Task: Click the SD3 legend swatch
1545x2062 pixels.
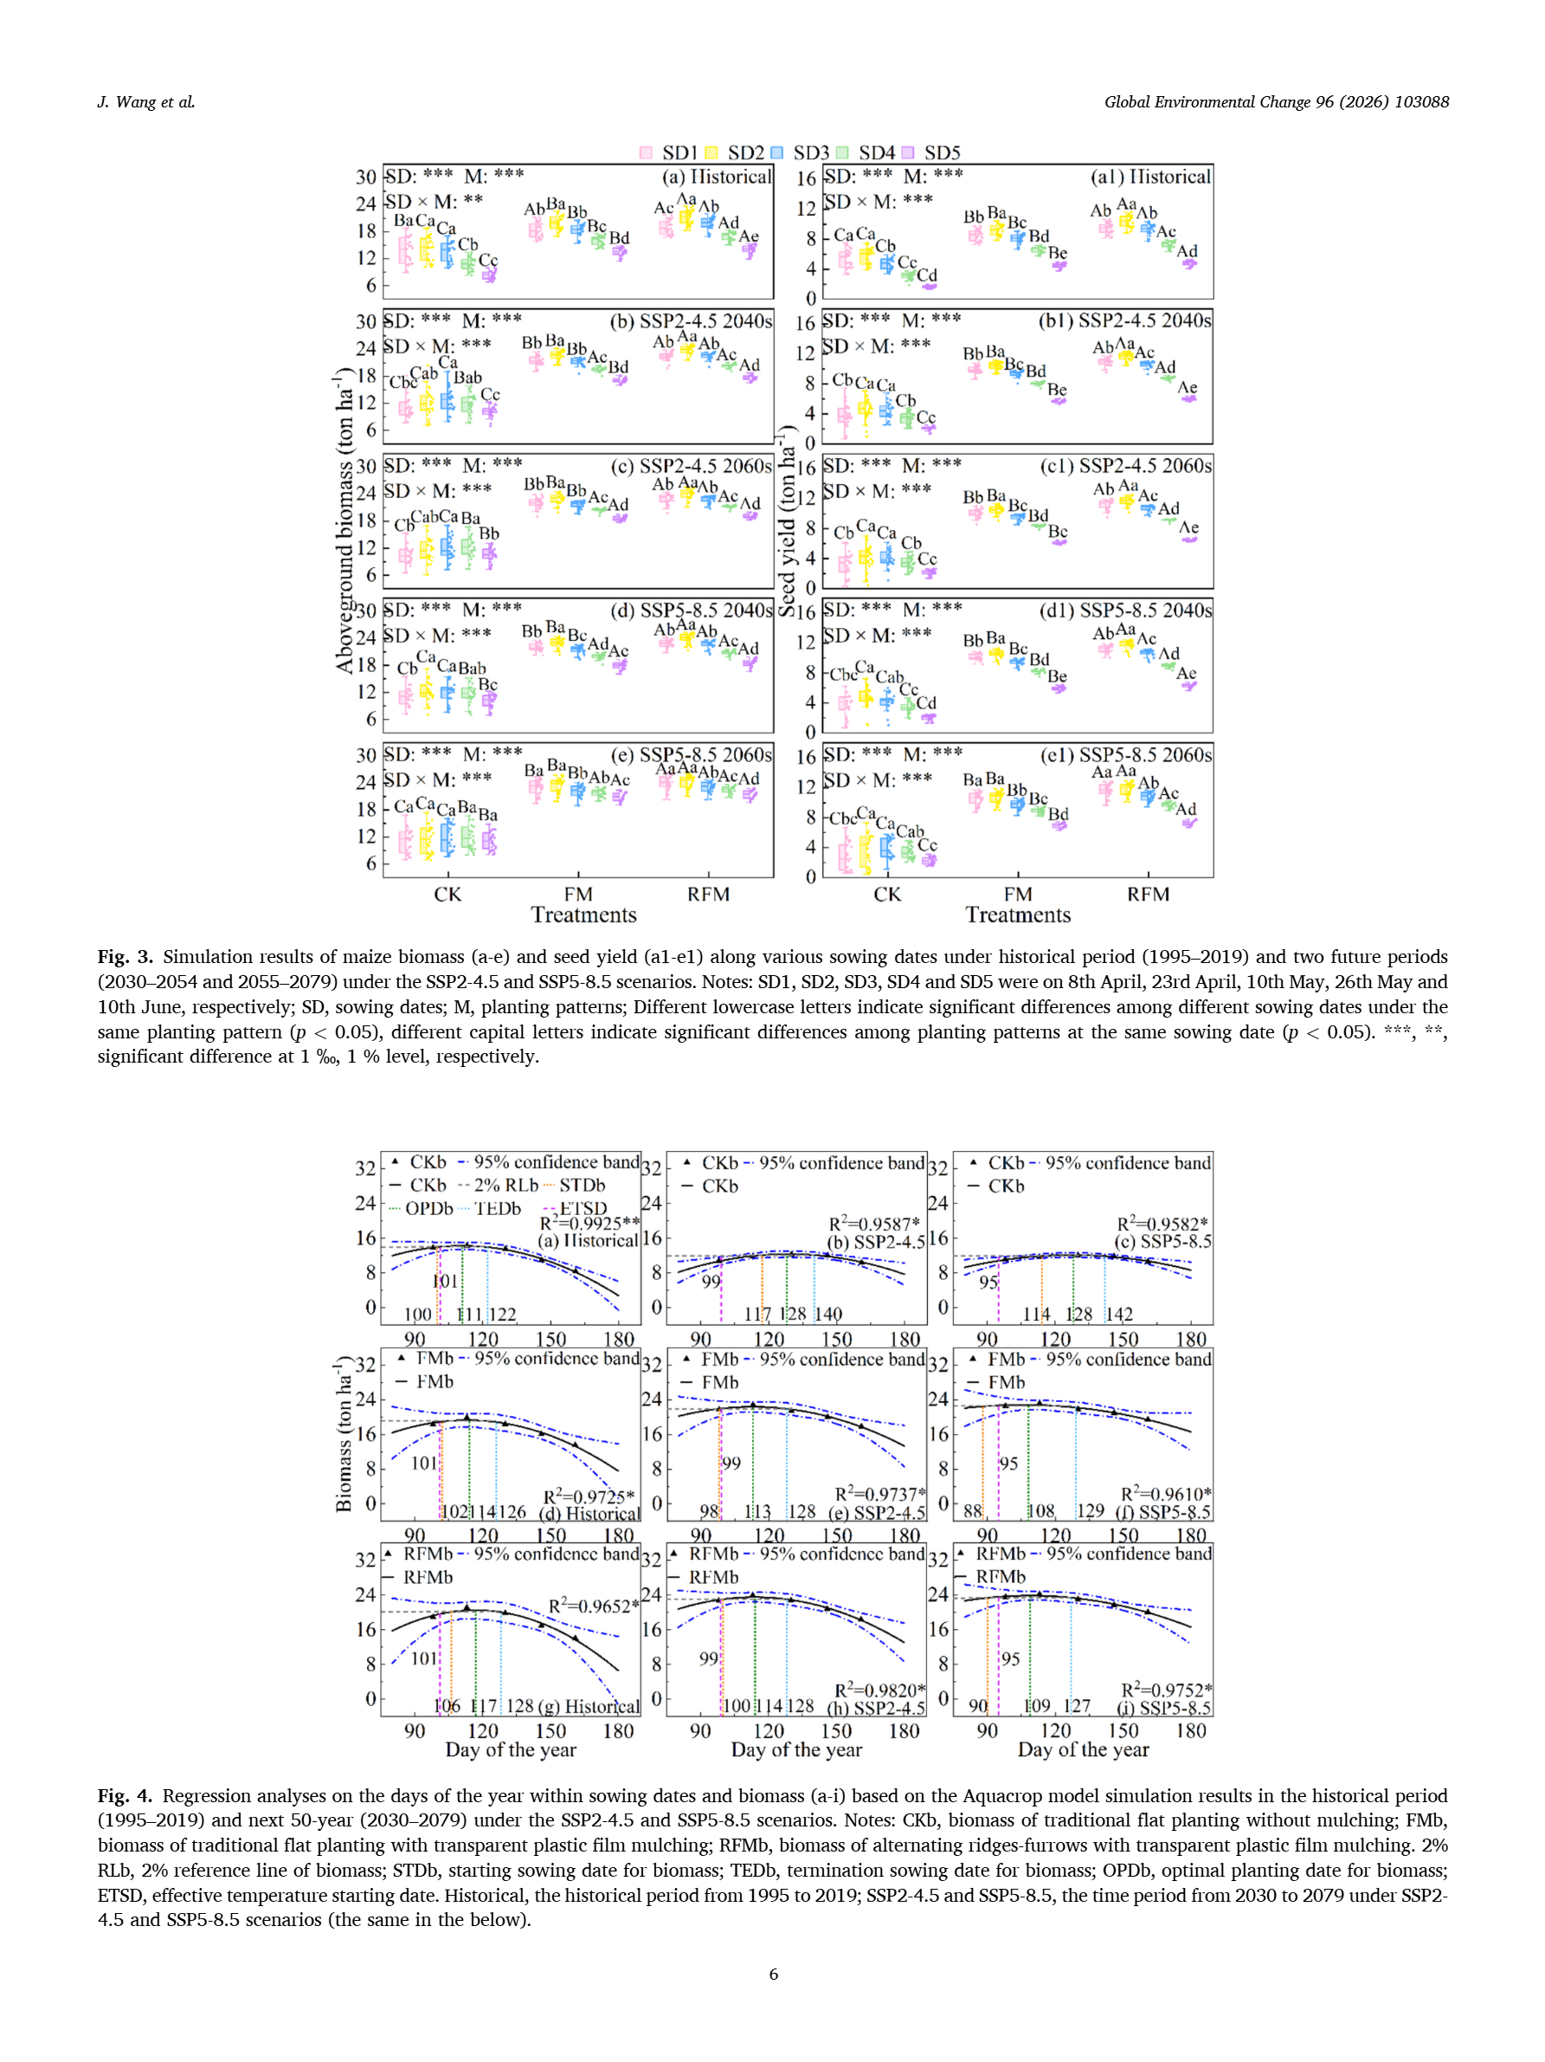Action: point(777,152)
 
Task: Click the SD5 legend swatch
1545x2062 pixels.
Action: point(908,152)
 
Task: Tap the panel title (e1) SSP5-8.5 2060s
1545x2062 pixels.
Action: point(1126,754)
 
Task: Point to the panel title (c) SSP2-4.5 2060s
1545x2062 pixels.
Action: point(691,465)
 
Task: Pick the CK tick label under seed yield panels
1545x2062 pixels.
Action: point(887,894)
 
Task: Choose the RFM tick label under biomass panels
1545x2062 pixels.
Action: point(708,894)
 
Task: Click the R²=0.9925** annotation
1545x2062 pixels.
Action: point(589,1223)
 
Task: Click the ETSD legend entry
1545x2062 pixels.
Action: point(582,1208)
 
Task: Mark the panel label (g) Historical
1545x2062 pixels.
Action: point(589,1706)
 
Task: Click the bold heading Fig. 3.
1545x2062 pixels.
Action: point(125,956)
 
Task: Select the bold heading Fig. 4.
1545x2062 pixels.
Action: point(125,1795)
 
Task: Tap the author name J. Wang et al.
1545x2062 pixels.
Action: point(146,101)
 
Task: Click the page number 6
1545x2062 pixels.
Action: point(772,1974)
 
